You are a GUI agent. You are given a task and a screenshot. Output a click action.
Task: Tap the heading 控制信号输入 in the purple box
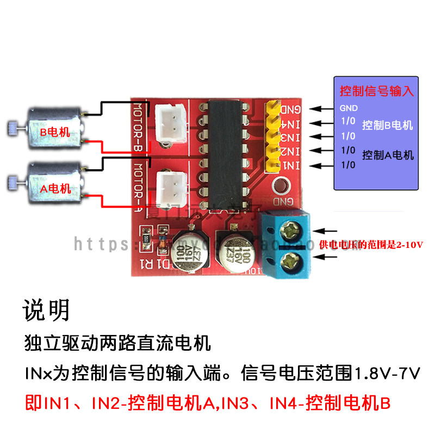pos(377,90)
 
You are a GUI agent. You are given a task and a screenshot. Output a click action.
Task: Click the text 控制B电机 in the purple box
pos(387,125)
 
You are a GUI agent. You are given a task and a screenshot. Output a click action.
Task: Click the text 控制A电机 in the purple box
pos(387,155)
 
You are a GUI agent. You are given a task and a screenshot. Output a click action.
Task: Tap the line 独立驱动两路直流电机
pos(117,344)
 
